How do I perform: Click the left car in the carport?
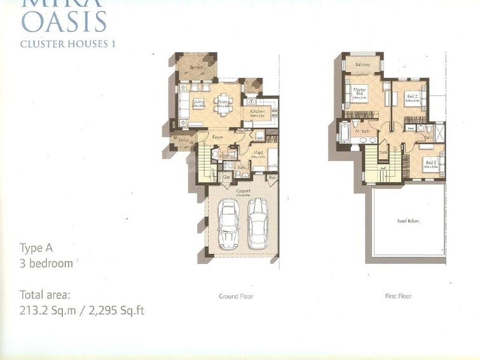(229, 224)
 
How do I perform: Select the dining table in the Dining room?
(223, 108)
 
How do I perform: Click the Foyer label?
(217, 137)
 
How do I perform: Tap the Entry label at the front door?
(184, 139)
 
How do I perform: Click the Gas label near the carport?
(226, 177)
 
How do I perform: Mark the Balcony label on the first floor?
(362, 65)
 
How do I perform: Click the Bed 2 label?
(411, 95)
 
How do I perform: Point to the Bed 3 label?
(431, 163)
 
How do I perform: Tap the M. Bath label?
(362, 132)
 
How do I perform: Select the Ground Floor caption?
(237, 296)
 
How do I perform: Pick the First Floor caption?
(399, 296)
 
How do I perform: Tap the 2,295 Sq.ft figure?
(118, 310)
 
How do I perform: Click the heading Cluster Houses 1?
(67, 44)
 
